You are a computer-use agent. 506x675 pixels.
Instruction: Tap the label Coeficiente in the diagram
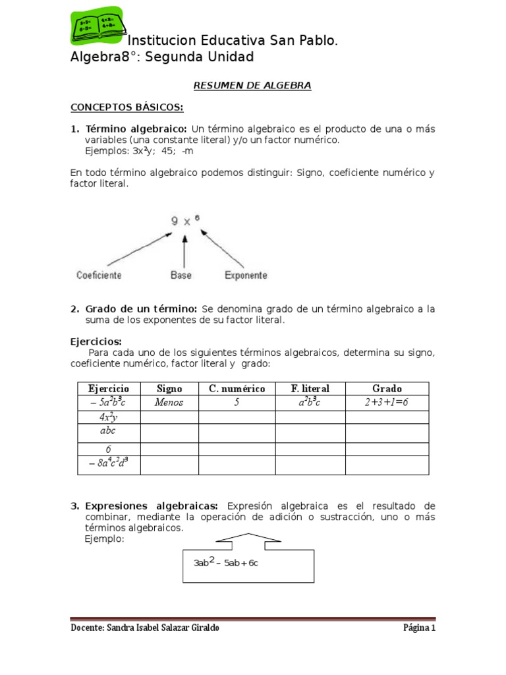pos(98,275)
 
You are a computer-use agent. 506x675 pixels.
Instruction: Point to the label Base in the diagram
pos(181,275)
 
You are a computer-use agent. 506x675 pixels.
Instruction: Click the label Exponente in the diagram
pos(246,275)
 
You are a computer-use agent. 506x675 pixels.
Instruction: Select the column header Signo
pos(169,389)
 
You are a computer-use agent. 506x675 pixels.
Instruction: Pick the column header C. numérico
pos(237,389)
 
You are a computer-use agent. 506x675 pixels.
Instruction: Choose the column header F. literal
pos(310,389)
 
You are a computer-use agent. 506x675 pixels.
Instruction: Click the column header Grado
pos(387,389)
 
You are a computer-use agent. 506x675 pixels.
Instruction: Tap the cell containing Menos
pos(169,402)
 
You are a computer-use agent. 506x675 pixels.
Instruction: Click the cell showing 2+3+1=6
pos(387,402)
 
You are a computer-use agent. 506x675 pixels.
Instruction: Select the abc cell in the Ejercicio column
pos(107,432)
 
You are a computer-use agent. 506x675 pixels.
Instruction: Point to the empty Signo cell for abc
pos(169,432)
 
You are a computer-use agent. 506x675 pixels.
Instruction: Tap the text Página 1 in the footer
pos(420,628)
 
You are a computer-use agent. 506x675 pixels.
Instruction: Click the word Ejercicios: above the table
pos(96,341)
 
